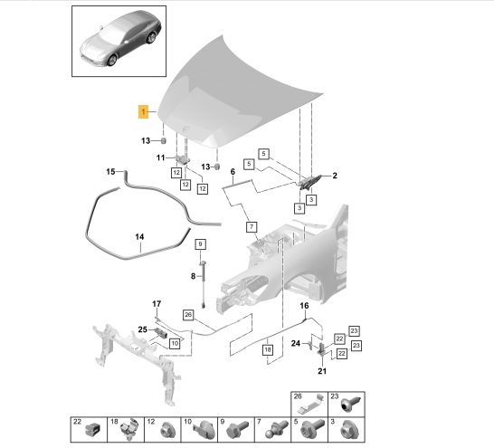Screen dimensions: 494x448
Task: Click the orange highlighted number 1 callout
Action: point(143,111)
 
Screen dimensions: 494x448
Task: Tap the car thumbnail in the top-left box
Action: point(121,40)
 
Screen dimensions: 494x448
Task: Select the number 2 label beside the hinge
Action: point(335,176)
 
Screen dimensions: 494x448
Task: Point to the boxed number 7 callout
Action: point(252,227)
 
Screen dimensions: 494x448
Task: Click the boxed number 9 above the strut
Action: point(200,243)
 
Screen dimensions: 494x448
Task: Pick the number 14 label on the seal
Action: point(139,236)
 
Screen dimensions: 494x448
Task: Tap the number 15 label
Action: point(110,172)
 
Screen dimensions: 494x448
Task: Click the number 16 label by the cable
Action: point(304,306)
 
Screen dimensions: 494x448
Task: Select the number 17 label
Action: point(157,304)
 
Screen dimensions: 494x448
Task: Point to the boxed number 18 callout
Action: point(268,349)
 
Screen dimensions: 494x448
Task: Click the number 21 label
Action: point(322,371)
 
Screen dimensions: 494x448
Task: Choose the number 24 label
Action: point(296,343)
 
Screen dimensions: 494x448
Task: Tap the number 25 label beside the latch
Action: point(142,329)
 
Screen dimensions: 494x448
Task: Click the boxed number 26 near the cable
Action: point(188,315)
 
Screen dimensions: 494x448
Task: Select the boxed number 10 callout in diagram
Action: point(175,343)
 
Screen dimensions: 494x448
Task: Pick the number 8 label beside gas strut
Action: point(193,276)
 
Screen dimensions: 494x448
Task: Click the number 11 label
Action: point(161,157)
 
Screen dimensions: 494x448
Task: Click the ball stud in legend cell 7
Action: point(277,429)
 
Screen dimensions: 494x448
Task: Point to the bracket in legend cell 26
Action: point(310,404)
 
